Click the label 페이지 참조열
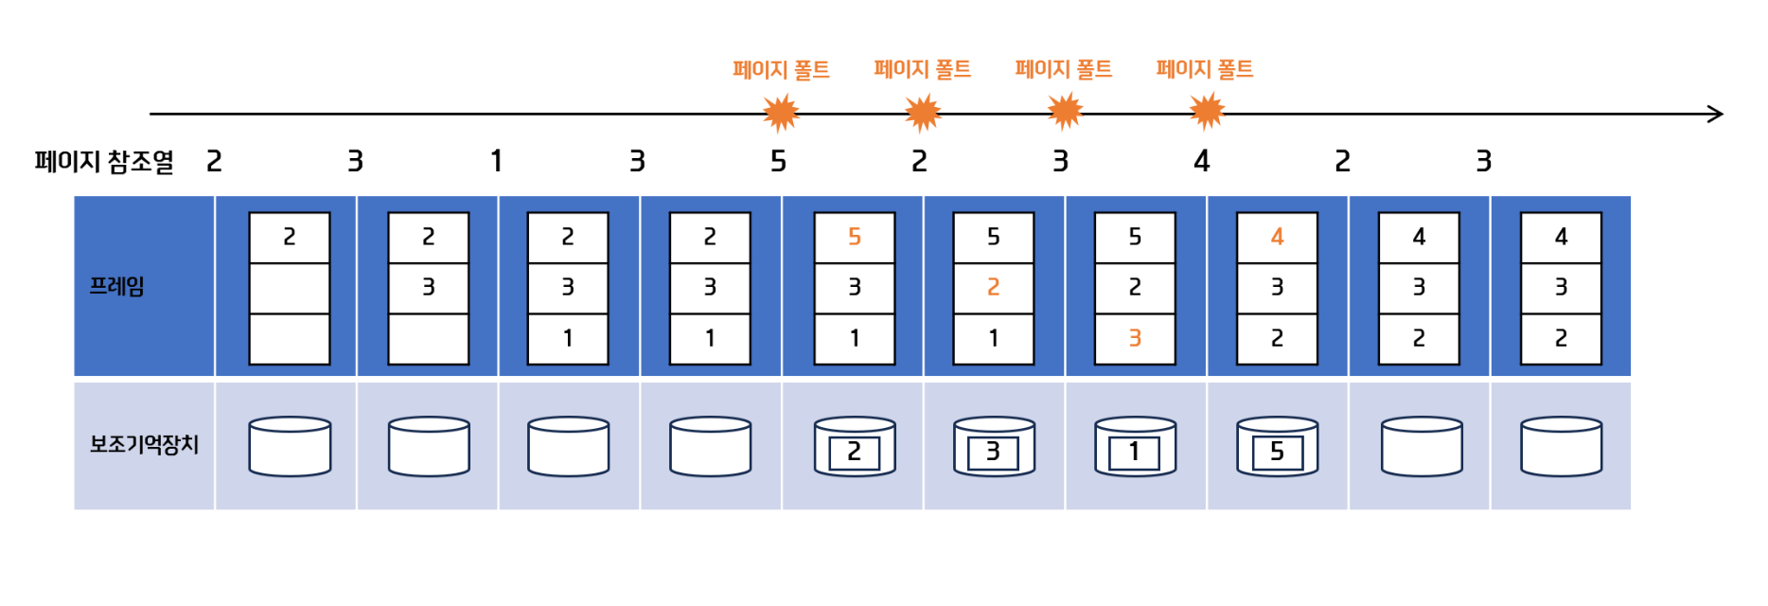click(x=104, y=162)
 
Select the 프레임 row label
click(x=116, y=286)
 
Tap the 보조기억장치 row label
click(x=144, y=444)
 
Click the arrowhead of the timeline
click(x=1715, y=115)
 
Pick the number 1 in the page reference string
click(x=496, y=162)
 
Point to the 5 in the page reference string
click(x=778, y=162)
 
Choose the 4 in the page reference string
click(x=1201, y=162)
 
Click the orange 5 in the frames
click(x=854, y=237)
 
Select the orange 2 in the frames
click(x=993, y=287)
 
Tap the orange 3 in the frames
click(x=1134, y=338)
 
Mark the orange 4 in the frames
click(x=1277, y=237)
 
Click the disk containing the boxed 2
click(x=854, y=447)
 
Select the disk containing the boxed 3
click(x=993, y=447)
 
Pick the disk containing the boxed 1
click(x=1134, y=447)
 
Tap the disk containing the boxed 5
click(x=1277, y=447)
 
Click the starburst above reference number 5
click(x=781, y=114)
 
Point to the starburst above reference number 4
click(x=1206, y=112)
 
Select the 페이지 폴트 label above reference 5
click(x=781, y=69)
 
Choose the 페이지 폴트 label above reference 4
click(x=1204, y=69)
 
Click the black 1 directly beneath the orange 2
click(x=993, y=338)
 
